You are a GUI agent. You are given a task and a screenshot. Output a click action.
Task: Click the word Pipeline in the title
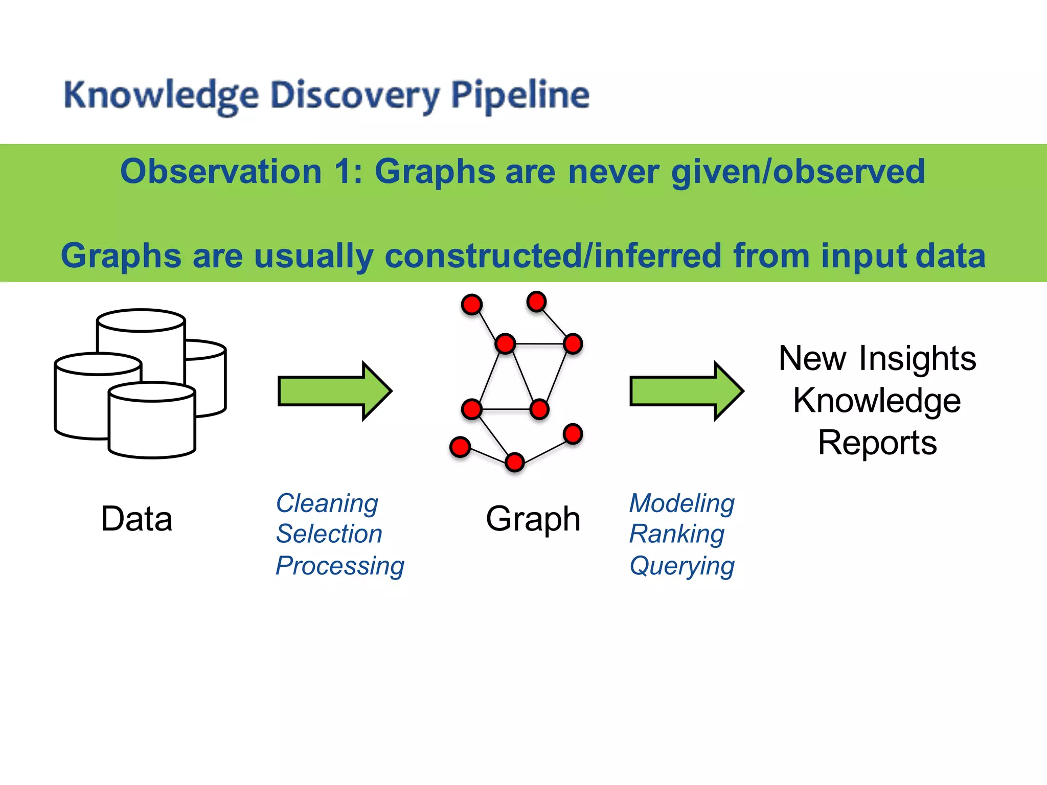(520, 95)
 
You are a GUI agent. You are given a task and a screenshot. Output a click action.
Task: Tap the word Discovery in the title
(354, 96)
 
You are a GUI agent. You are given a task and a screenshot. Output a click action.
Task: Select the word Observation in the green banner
(221, 172)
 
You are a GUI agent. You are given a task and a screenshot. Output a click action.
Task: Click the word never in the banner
(613, 172)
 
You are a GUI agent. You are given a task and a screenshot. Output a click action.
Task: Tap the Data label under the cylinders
(136, 519)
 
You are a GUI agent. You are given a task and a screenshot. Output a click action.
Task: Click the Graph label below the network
(533, 519)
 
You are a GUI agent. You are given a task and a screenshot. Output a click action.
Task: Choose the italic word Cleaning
(327, 503)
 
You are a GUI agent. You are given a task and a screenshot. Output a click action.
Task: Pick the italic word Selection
(329, 534)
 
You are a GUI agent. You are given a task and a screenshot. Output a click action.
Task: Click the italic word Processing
(340, 566)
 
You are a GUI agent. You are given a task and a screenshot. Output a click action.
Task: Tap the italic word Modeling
(682, 503)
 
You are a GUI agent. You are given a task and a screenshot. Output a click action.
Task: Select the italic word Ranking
(677, 534)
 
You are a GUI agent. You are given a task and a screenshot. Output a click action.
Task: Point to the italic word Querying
(682, 566)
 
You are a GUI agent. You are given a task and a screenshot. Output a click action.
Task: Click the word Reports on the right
(877, 443)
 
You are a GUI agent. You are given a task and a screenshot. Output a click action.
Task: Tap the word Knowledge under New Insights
(877, 400)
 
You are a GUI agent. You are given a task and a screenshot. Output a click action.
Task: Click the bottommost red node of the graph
(514, 462)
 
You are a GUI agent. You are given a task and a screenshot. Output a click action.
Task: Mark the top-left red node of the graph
(471, 305)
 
